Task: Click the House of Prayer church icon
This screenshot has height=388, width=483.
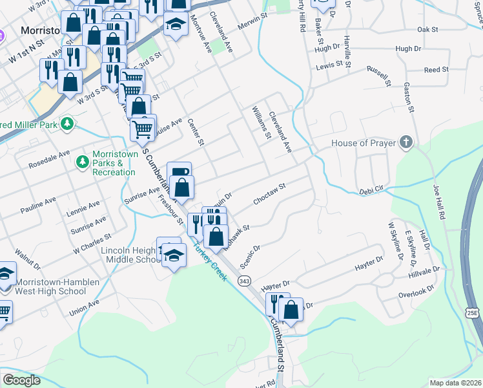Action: click(406, 142)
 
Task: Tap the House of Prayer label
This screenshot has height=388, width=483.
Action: click(362, 143)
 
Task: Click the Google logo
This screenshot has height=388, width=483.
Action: click(21, 380)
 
